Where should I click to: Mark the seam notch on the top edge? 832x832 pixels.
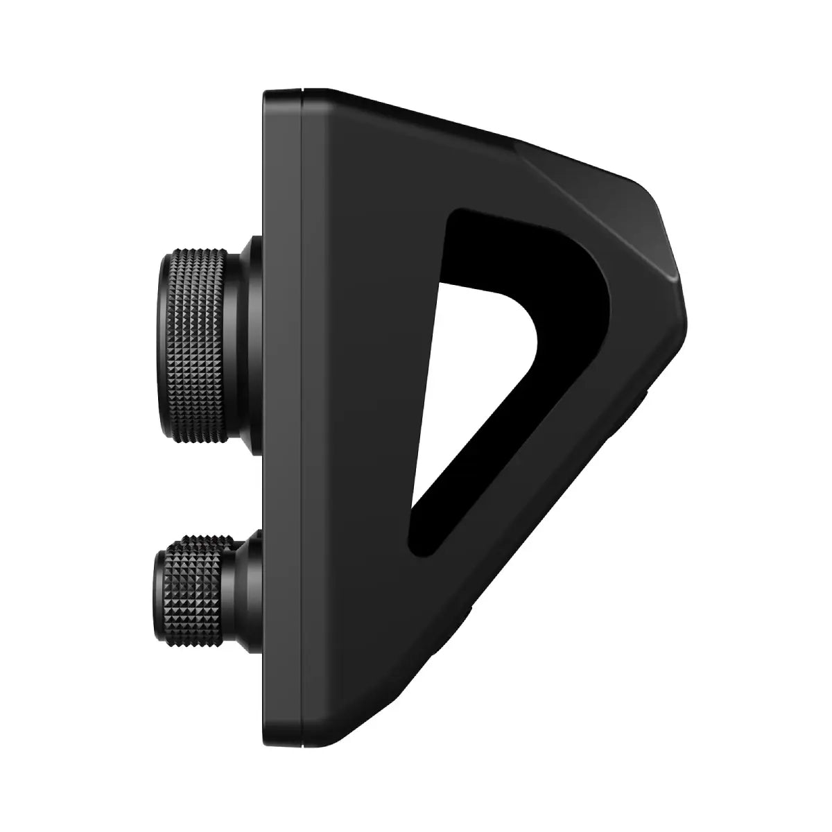(302, 90)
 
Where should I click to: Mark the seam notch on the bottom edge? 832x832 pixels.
(302, 743)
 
